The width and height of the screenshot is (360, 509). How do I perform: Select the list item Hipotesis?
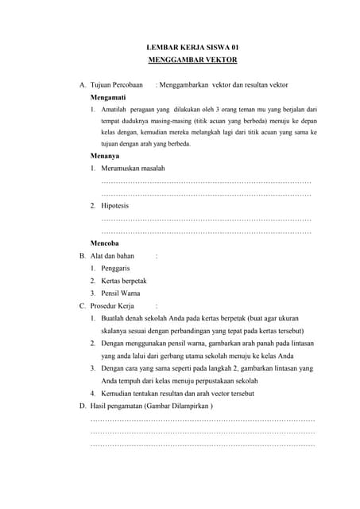(x=119, y=206)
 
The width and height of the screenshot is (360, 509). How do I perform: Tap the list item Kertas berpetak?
(x=124, y=281)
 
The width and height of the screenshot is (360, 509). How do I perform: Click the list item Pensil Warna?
(x=121, y=293)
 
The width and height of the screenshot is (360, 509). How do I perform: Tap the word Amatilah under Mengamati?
(x=116, y=109)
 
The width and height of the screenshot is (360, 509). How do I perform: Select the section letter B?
(x=82, y=256)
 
